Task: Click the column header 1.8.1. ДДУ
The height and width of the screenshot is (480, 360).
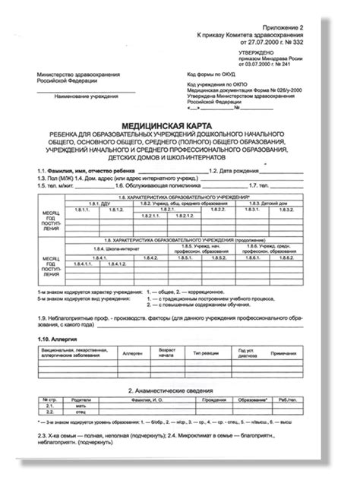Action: [x=100, y=204]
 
